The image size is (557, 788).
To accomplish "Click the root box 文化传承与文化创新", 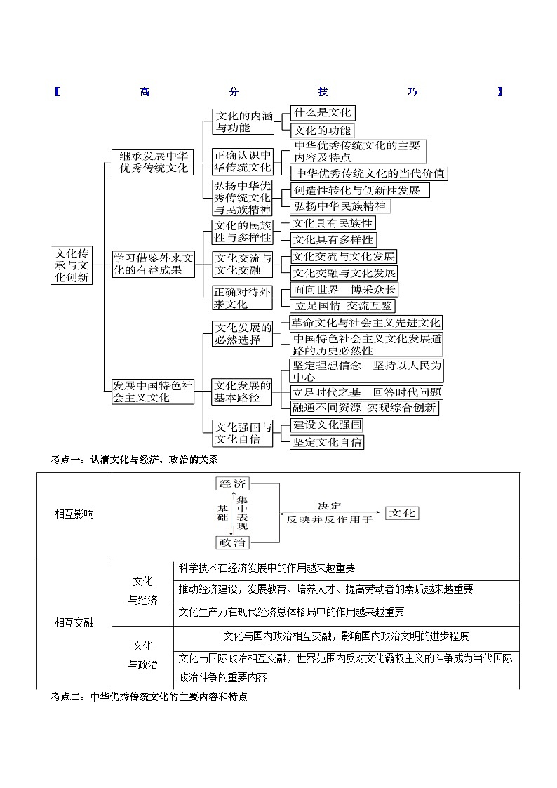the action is pos(72,265).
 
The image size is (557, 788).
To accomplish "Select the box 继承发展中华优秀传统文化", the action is pos(153,162).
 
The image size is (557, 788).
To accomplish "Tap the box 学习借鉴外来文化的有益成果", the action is pos(153,264).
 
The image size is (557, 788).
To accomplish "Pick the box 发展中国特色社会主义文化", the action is pos(153,391).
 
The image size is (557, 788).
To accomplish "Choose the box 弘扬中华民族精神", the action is pos(340,206).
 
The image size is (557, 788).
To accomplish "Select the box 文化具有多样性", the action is pos(333,240).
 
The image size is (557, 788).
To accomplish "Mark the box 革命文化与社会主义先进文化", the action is pos(366,323).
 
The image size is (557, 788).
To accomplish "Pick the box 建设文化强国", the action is pos(327,425).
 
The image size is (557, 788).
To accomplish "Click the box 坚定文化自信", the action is pos(327,442).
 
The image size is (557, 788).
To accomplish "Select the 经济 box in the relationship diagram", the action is pos(233,484).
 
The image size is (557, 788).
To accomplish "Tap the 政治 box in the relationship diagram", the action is pos(233,542).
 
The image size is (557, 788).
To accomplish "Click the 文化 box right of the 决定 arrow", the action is pos(403,513).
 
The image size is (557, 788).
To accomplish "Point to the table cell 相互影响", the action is pos(74,514).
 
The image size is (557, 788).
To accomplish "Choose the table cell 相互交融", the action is pos(74,622).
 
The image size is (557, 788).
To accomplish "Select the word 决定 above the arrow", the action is pos(329,506).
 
